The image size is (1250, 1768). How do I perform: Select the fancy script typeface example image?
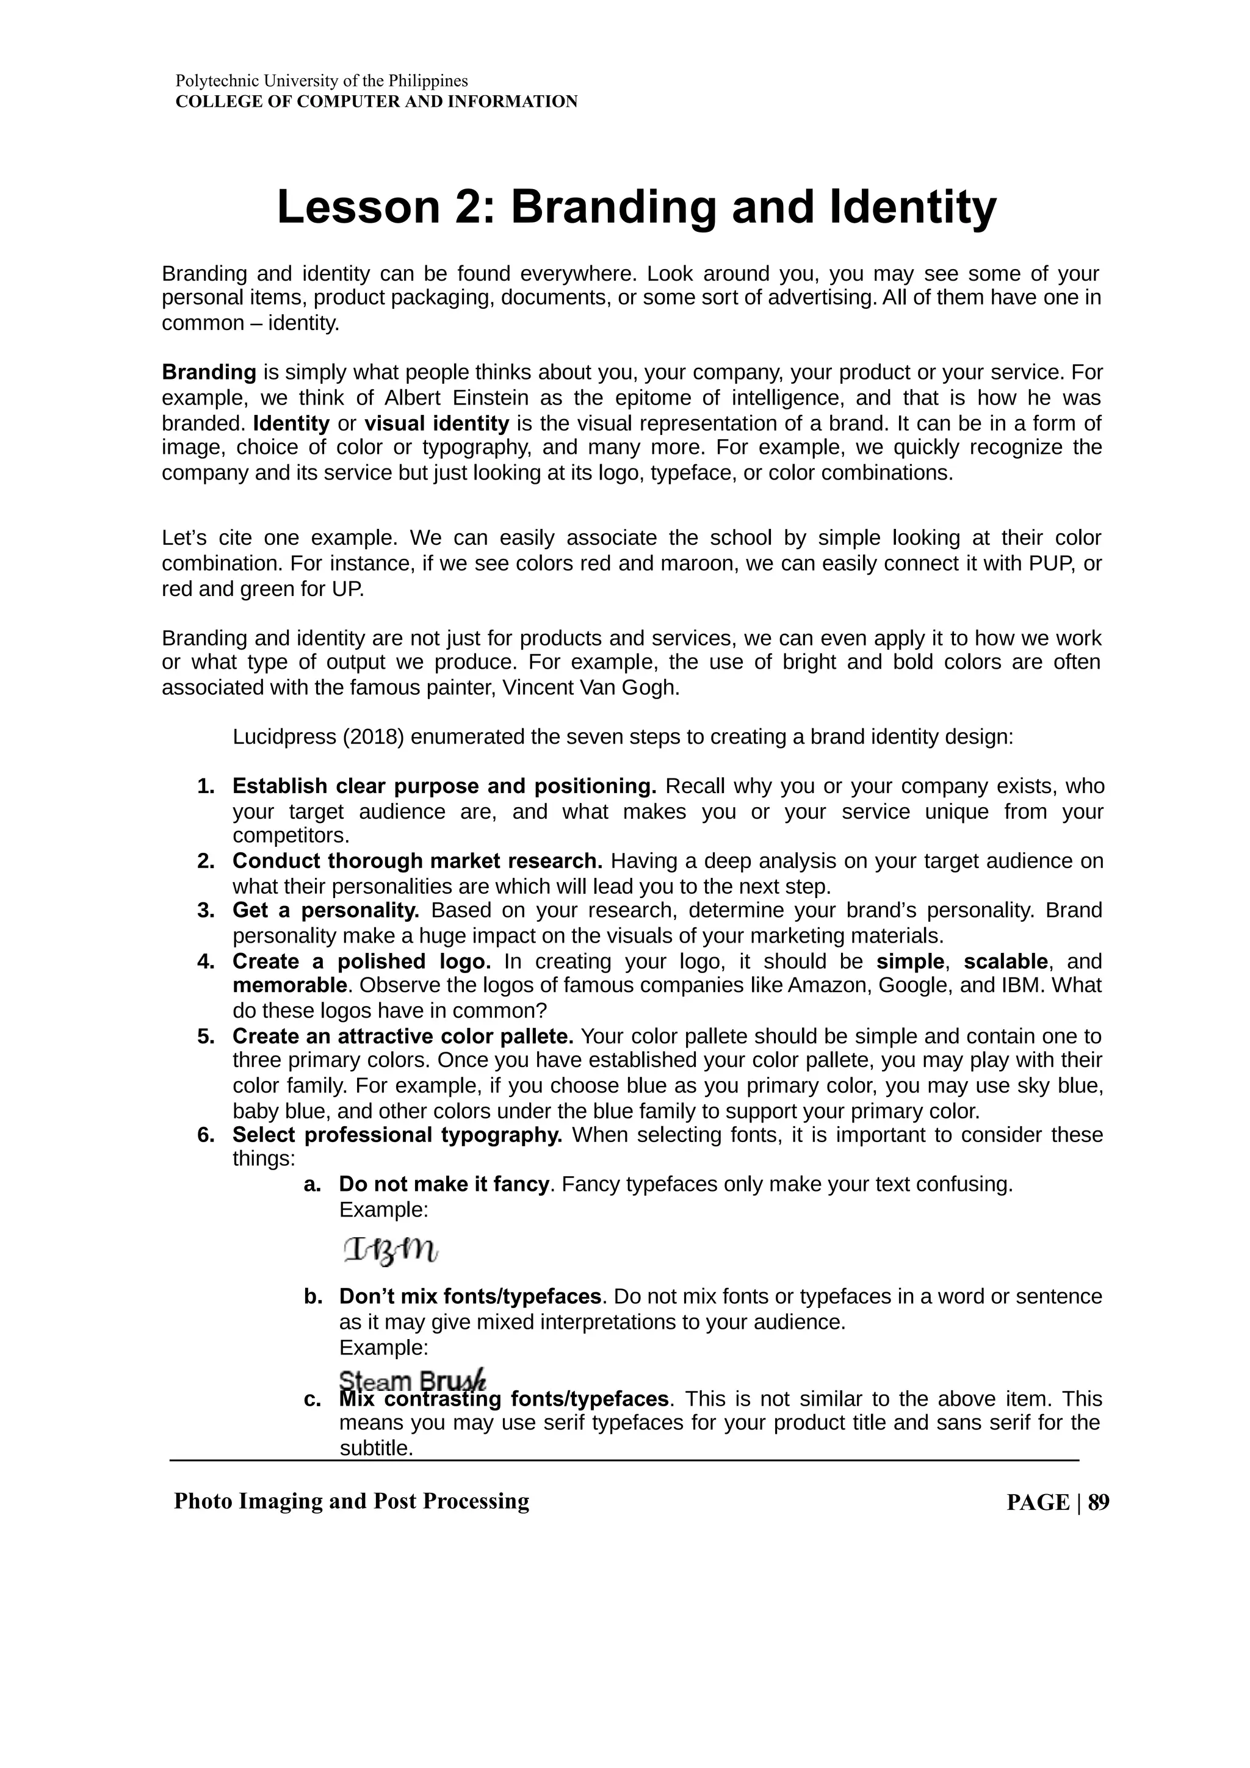(390, 1251)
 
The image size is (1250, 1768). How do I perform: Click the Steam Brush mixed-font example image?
(413, 1381)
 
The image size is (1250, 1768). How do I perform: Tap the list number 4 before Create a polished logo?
(205, 961)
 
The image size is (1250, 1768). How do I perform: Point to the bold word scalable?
(1005, 961)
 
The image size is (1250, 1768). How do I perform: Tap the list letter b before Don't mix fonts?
(312, 1297)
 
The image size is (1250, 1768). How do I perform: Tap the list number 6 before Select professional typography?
(205, 1135)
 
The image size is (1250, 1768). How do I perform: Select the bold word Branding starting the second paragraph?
(209, 373)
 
